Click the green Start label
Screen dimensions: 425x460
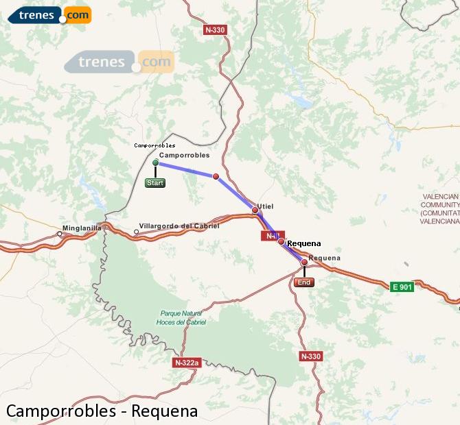(155, 183)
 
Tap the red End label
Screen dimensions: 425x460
(304, 282)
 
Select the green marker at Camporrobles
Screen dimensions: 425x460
(156, 163)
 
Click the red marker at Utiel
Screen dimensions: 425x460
(255, 210)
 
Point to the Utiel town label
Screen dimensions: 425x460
(266, 206)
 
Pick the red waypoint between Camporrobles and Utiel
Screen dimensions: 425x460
(216, 177)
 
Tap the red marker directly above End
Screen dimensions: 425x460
(304, 262)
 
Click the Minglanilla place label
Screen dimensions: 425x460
(82, 228)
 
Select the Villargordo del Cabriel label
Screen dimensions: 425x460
(179, 226)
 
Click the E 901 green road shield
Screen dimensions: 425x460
(402, 287)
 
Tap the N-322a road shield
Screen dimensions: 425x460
(187, 362)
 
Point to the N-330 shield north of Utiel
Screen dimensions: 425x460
(216, 30)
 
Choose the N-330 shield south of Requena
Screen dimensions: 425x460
(311, 356)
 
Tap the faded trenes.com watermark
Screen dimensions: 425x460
(119, 62)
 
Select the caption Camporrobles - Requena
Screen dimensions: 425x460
(102, 411)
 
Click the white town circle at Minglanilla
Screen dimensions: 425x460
(60, 234)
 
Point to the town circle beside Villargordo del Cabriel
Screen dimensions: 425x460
(136, 232)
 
